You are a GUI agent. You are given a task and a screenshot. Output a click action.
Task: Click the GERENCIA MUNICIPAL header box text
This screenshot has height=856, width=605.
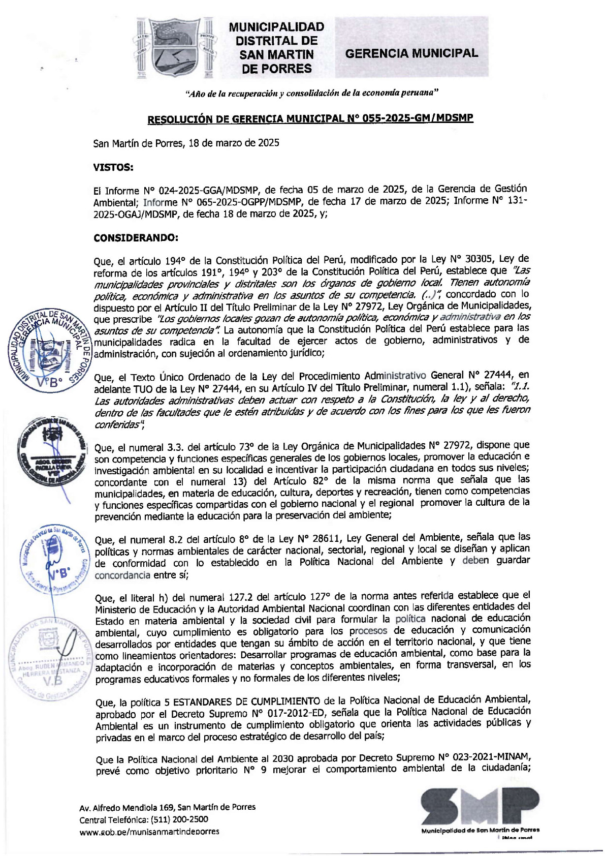(x=411, y=53)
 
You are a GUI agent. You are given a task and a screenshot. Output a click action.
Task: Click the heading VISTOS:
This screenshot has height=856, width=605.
(x=113, y=167)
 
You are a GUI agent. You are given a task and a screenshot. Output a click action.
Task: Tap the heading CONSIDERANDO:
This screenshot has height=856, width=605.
(x=136, y=237)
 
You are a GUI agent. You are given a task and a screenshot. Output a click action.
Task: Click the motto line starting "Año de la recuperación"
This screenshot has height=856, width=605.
(x=312, y=93)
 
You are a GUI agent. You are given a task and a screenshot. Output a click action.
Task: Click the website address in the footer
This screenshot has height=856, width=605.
(x=149, y=831)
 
